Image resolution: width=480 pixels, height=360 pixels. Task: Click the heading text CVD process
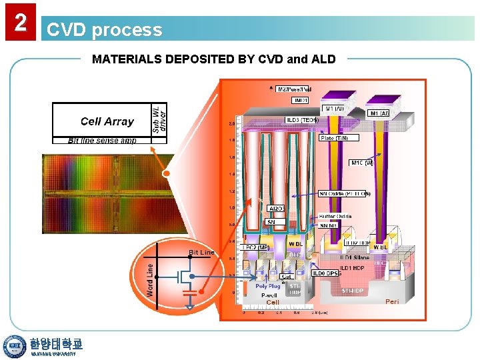click(x=104, y=30)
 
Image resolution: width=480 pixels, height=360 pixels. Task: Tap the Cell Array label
click(x=107, y=121)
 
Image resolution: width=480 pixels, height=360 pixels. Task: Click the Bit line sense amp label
click(x=102, y=141)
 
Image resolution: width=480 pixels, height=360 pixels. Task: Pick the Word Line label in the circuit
click(x=150, y=279)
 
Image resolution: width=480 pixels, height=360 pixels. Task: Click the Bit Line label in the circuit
click(x=201, y=253)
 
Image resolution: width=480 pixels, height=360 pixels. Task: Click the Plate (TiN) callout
click(x=338, y=138)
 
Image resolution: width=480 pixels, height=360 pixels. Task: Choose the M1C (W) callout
click(x=361, y=163)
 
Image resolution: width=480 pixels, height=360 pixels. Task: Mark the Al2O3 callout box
click(x=276, y=209)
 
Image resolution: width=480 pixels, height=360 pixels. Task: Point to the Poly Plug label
click(x=268, y=286)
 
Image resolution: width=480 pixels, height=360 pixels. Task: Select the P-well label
click(x=268, y=294)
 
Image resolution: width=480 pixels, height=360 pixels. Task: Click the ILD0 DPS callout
click(x=325, y=273)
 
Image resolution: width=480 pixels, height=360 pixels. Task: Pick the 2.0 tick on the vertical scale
click(x=231, y=123)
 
